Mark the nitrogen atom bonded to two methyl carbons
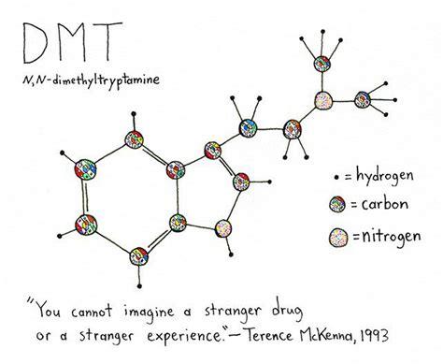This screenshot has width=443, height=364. point(322,96)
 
